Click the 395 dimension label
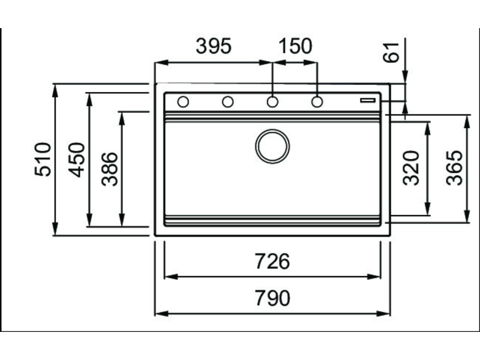(x=214, y=46)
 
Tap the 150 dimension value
(x=295, y=46)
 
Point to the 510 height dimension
(x=43, y=159)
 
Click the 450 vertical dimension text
(x=77, y=159)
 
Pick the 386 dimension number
(x=110, y=169)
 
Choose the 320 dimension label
(x=411, y=168)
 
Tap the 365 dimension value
(x=454, y=168)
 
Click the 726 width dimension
(x=272, y=261)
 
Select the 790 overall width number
(x=272, y=298)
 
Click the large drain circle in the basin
(x=272, y=146)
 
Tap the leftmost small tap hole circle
(x=183, y=102)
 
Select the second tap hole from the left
(x=228, y=102)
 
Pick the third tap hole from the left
(x=272, y=102)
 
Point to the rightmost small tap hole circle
(x=317, y=102)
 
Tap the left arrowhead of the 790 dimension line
(x=159, y=313)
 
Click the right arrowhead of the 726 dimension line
(x=376, y=277)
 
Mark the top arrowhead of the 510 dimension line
(x=55, y=88)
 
